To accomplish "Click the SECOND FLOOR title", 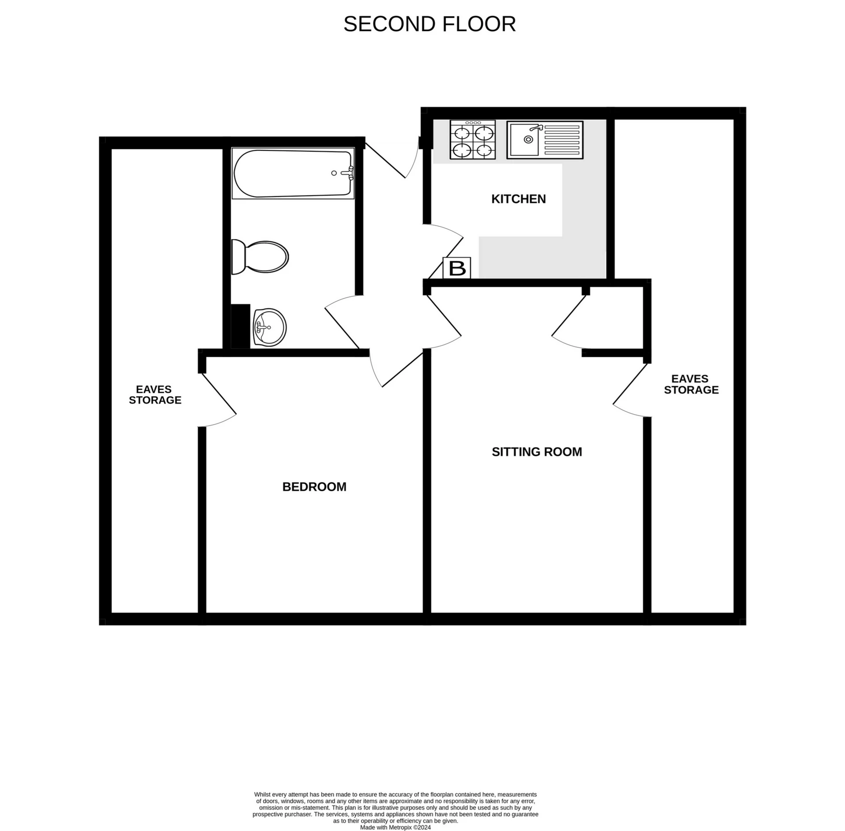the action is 429,24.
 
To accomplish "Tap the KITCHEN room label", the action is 518,199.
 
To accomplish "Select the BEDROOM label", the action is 314,487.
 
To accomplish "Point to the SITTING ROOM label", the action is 537,452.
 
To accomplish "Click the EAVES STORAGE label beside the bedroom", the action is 155,395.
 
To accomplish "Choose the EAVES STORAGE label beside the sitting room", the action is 691,384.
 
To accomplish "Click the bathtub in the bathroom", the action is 293,173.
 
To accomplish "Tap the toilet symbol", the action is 260,257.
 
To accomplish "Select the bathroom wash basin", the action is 270,327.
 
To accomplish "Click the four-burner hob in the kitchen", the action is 473,139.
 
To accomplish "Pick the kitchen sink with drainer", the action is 545,140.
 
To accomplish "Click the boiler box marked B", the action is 457,268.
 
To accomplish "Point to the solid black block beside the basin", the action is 240,326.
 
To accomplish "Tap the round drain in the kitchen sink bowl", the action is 528,139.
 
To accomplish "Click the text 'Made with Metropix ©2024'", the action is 395,827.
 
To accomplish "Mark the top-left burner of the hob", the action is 461,132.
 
